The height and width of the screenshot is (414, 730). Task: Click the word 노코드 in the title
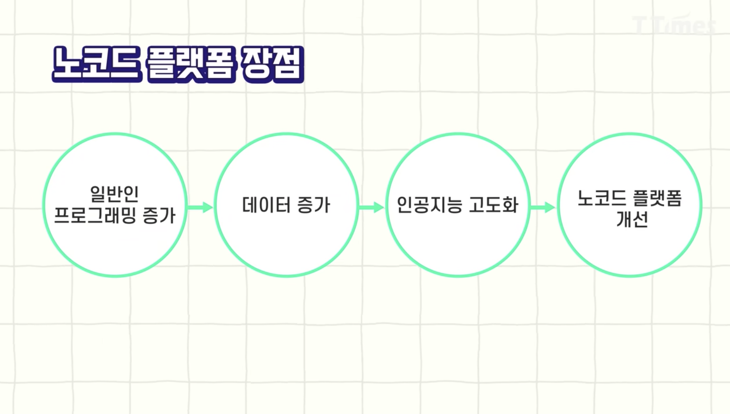(97, 65)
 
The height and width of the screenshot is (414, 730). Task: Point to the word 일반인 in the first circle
(114, 194)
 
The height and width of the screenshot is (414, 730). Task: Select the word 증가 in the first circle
(159, 215)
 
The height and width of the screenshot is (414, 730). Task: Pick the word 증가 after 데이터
(313, 205)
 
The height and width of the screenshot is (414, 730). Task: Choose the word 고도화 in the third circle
(493, 205)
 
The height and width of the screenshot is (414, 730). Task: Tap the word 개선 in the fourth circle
(632, 219)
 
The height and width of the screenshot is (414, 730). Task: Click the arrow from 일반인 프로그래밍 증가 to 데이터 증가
(200, 207)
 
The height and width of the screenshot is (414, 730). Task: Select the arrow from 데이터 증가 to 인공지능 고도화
(372, 207)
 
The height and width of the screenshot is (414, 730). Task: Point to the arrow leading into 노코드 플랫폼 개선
(543, 207)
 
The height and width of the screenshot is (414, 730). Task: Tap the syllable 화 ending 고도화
(509, 205)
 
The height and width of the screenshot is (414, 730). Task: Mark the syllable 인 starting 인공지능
(404, 205)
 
